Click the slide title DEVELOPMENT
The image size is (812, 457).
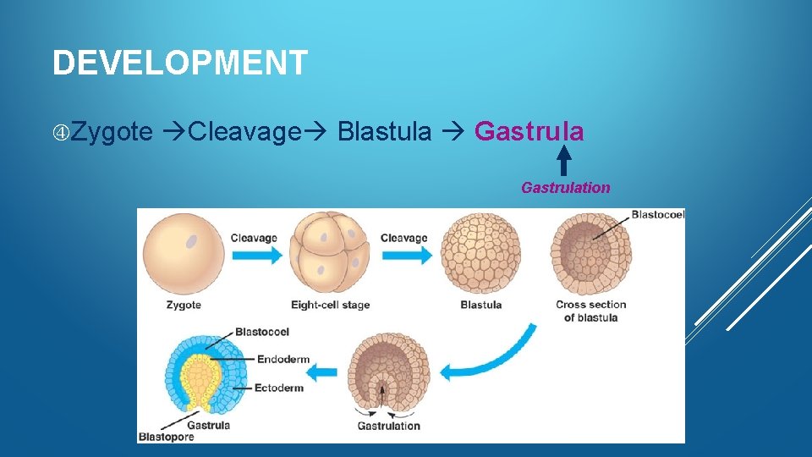click(179, 63)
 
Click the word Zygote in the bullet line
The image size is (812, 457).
click(112, 132)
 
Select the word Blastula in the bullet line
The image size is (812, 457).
click(384, 132)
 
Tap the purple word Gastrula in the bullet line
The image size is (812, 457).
click(529, 132)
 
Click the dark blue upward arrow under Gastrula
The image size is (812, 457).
click(564, 161)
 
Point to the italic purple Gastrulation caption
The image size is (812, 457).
click(565, 188)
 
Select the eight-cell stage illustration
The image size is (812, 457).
click(329, 252)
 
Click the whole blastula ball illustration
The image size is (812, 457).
click(481, 253)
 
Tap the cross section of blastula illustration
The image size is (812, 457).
click(590, 253)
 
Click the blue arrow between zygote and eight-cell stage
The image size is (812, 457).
click(254, 255)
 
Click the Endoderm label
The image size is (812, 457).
click(283, 359)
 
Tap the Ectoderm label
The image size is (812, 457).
click(283, 388)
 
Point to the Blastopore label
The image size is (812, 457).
click(166, 437)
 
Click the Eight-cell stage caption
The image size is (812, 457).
click(330, 305)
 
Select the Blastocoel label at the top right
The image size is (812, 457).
click(657, 215)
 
